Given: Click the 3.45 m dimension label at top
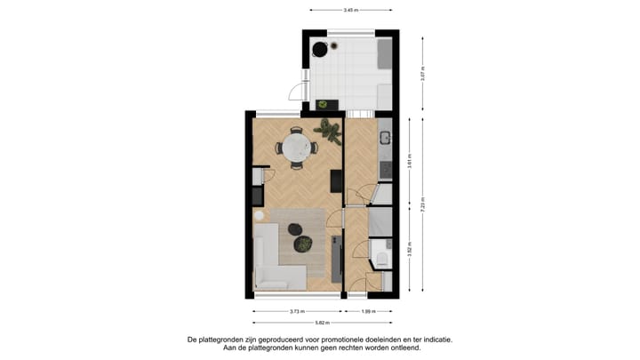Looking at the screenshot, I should click(350, 10).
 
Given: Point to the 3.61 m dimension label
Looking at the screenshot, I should click(409, 162).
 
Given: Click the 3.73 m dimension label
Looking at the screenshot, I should click(297, 312).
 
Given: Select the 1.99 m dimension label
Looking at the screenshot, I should click(369, 312).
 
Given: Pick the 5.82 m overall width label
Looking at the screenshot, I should click(321, 323).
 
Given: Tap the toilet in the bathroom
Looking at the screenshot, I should click(380, 258).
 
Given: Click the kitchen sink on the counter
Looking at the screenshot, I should click(384, 138).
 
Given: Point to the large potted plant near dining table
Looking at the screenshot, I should click(329, 131).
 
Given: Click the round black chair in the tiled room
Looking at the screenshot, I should click(317, 49).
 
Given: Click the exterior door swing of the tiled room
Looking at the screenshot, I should click(294, 91).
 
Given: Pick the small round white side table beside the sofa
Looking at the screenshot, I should click(259, 216).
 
